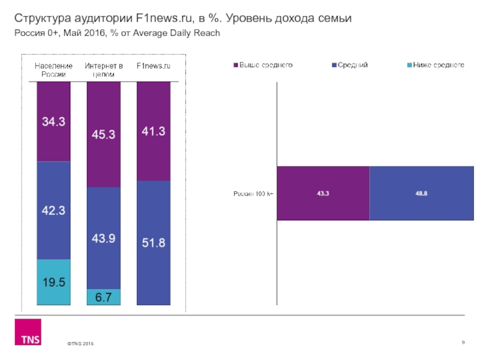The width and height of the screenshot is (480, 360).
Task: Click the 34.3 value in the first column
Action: pyautogui.click(x=53, y=122)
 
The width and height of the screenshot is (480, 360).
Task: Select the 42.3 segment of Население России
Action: pyautogui.click(x=53, y=211)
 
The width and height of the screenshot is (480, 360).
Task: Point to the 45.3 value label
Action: pyautogui.click(x=103, y=135)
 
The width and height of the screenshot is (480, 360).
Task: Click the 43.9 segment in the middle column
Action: pyautogui.click(x=103, y=238)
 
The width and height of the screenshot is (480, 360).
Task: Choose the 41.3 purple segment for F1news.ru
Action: pyautogui.click(x=154, y=130)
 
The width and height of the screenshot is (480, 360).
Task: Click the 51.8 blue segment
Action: pyautogui.click(x=154, y=242)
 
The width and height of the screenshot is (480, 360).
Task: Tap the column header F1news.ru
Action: pyautogui.click(x=154, y=65)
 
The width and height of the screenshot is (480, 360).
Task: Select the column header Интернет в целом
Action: pyautogui.click(x=104, y=70)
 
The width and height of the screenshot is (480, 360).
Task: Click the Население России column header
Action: pyautogui.click(x=54, y=70)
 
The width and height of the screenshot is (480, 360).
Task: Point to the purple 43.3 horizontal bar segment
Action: pyautogui.click(x=323, y=193)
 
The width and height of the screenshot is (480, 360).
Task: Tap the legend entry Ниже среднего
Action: pyautogui.click(x=438, y=65)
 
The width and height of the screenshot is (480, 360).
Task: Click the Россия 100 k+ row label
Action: pyautogui.click(x=253, y=193)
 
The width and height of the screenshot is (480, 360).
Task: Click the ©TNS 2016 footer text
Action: pyautogui.click(x=80, y=343)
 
